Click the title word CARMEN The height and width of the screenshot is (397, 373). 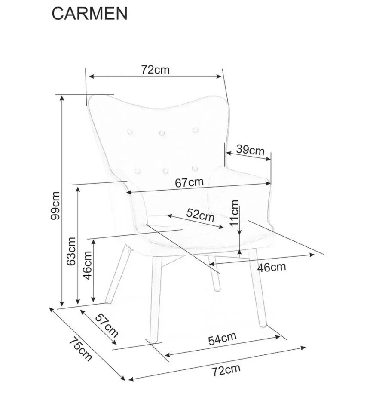(x=89, y=14)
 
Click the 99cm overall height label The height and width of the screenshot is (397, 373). (x=55, y=206)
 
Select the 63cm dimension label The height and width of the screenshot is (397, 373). (x=71, y=251)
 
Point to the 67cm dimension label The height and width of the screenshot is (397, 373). (x=189, y=182)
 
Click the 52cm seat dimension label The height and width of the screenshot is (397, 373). (x=200, y=215)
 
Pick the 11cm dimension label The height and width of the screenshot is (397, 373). (x=234, y=212)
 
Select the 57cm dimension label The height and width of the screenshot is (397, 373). (x=107, y=325)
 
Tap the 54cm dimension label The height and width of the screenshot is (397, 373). (x=223, y=339)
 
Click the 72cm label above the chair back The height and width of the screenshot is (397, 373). (x=155, y=69)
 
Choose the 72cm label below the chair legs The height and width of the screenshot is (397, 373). (x=226, y=370)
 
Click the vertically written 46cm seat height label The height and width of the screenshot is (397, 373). (x=88, y=265)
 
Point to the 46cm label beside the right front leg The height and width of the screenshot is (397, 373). (x=272, y=267)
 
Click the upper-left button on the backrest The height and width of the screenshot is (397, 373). (x=130, y=132)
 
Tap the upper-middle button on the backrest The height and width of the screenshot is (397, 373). (x=162, y=133)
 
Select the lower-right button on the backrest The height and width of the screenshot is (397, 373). (x=195, y=168)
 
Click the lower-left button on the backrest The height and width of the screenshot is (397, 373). (x=138, y=172)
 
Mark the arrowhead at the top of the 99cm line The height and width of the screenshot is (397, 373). (x=61, y=98)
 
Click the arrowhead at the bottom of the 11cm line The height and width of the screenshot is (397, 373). (x=239, y=252)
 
